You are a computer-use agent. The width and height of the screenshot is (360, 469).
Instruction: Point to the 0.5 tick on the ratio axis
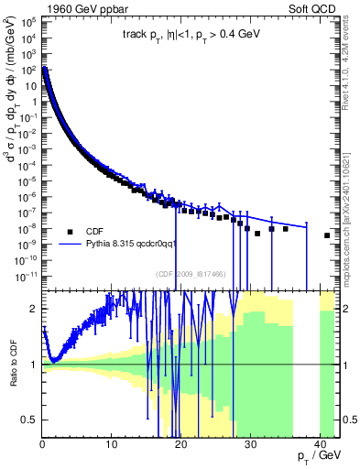coord(30,420)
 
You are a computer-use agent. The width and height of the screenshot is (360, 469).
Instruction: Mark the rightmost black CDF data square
coord(327,235)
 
